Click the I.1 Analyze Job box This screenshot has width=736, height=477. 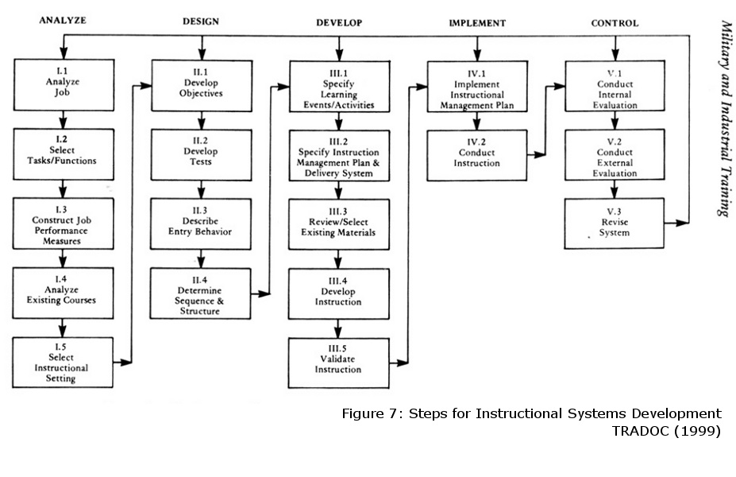click(62, 83)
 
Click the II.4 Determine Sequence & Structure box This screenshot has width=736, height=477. click(201, 294)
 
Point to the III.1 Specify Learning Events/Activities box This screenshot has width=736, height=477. click(339, 89)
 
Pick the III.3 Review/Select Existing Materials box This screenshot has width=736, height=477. click(339, 224)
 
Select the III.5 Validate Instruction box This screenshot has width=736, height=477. click(339, 363)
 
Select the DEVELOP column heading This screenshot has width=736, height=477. click(339, 23)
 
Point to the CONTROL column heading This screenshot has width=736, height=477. click(614, 23)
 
